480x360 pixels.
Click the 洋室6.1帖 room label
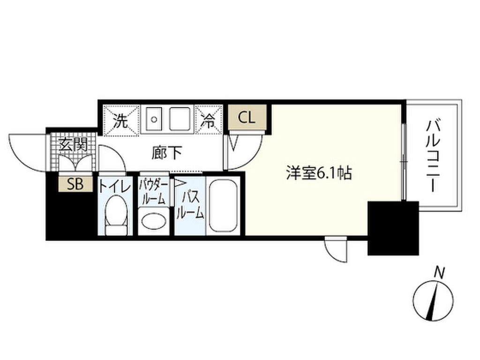coord(319,174)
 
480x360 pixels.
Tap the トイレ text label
coord(114,187)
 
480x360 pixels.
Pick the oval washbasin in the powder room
coord(154,221)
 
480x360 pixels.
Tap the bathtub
coord(223,206)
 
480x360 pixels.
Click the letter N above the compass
coord(439,272)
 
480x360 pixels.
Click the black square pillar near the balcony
coord(392,228)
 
